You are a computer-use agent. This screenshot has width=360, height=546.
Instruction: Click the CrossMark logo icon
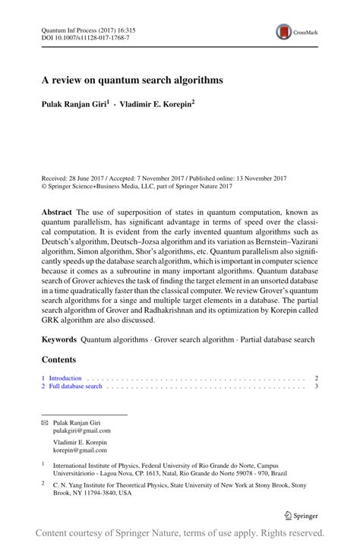click(283, 32)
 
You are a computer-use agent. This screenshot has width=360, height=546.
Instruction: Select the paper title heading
click(131, 80)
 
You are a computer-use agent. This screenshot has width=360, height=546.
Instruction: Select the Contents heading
click(59, 359)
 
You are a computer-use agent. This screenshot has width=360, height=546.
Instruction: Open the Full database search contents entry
click(75, 387)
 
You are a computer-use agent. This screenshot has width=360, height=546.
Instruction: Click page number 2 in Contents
click(315, 377)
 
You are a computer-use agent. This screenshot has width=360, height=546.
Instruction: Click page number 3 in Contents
click(315, 387)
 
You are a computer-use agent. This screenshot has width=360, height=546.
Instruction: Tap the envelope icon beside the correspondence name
click(45, 422)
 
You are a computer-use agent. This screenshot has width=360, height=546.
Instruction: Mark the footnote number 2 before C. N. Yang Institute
click(43, 481)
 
